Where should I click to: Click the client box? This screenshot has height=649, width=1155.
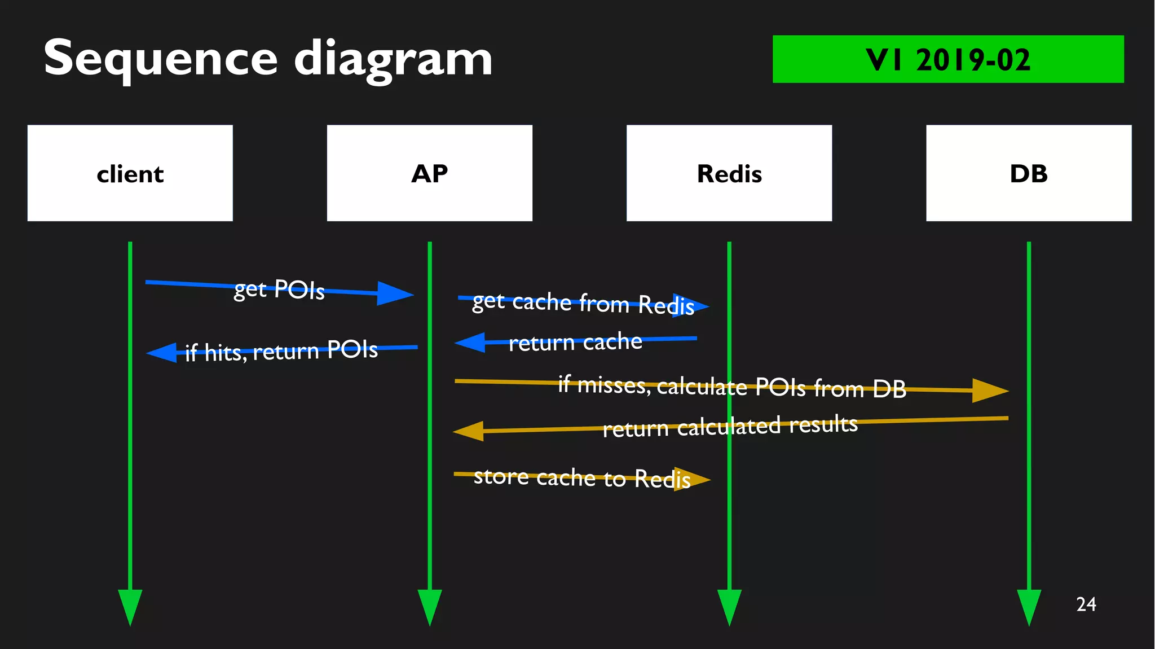(130, 173)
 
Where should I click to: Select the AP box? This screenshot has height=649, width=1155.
(429, 173)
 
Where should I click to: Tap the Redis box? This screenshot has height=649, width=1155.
(729, 173)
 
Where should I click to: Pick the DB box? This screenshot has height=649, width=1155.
(1028, 173)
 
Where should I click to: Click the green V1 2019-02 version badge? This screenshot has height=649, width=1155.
(947, 59)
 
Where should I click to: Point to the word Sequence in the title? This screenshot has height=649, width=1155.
(161, 59)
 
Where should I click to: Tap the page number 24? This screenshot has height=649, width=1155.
(1086, 604)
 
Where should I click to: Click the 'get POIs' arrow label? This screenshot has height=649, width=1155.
(279, 290)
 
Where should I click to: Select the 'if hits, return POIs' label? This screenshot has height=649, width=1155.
(281, 352)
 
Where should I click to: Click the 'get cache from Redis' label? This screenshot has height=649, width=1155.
(583, 304)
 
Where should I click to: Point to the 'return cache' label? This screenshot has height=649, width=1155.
(575, 342)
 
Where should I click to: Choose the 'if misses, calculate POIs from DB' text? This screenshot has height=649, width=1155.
(731, 387)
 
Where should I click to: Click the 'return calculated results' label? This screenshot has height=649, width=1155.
(730, 426)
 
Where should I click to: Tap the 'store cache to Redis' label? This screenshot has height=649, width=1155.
(581, 478)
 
